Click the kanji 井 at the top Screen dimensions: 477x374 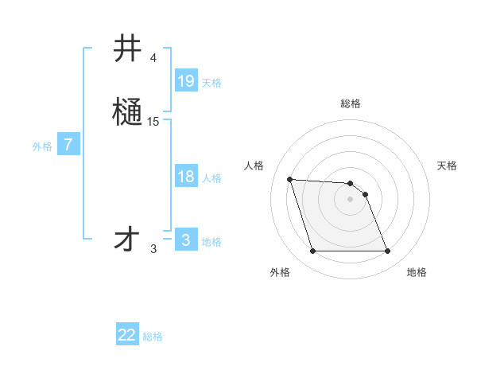127,49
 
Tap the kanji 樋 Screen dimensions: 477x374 127,111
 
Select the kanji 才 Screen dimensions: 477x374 127,239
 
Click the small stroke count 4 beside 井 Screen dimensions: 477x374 153,58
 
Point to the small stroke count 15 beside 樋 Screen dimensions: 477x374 153,122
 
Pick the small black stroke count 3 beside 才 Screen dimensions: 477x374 153,249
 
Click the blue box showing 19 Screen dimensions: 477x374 186,80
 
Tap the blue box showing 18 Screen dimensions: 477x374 186,177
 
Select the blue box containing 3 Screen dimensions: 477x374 186,240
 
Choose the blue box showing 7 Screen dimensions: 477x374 68,145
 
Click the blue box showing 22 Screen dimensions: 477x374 127,335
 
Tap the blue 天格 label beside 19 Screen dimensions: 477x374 211,82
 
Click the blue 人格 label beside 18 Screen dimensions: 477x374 211,178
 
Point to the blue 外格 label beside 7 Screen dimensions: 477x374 42,146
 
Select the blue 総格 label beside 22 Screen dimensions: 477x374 153,337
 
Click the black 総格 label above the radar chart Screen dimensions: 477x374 351,103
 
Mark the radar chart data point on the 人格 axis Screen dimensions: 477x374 289,179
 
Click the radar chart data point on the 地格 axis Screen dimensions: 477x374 387,251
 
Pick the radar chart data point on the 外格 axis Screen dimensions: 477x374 312,251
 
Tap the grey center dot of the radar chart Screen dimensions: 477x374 350,199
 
